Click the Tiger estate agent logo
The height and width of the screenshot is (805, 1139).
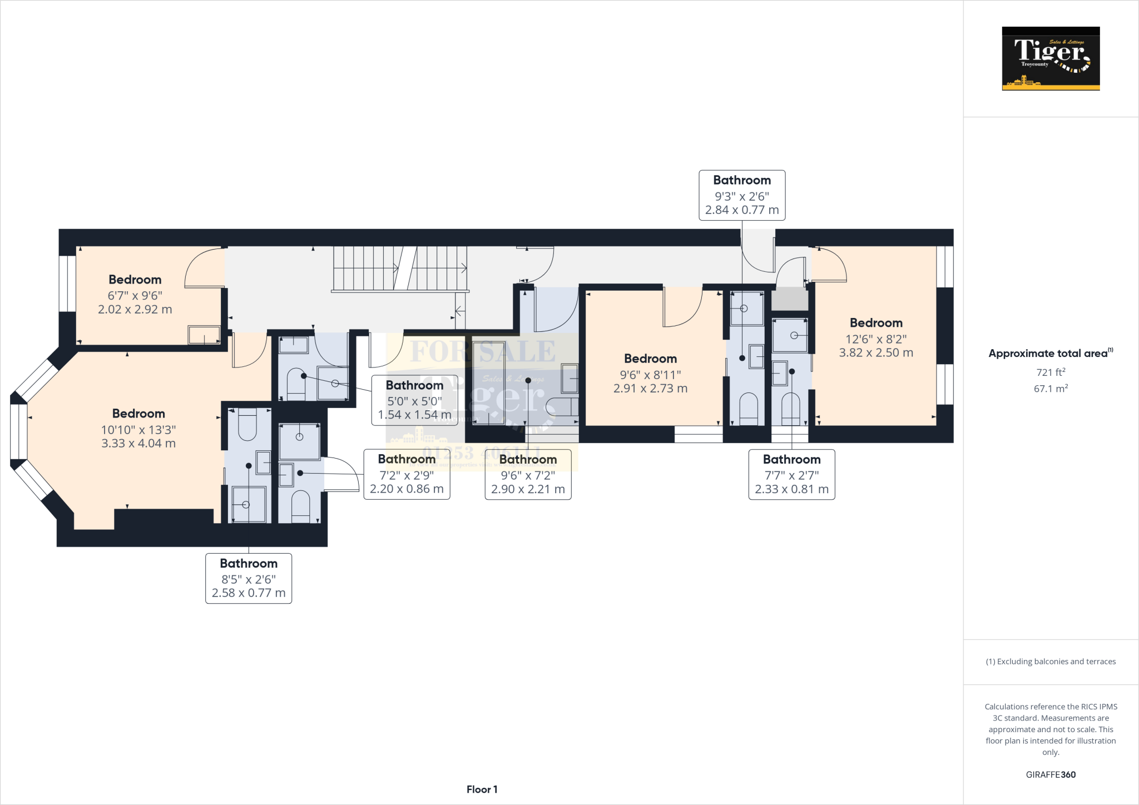tap(1051, 58)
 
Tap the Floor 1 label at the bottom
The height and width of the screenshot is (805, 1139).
tap(482, 789)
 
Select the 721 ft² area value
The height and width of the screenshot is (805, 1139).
tap(1051, 372)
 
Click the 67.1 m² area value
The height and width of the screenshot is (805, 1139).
tap(1051, 389)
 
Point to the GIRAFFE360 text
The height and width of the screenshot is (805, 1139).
tap(1051, 774)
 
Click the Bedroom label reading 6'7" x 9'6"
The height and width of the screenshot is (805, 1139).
tap(135, 294)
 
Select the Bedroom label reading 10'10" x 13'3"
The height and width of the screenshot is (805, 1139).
tap(138, 428)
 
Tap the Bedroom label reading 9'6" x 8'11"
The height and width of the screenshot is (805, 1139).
tap(650, 373)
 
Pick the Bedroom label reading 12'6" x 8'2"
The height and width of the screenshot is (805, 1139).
tap(876, 337)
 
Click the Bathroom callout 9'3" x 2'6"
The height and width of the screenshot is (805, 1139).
tap(742, 195)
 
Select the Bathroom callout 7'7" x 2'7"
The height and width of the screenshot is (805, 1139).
tap(791, 474)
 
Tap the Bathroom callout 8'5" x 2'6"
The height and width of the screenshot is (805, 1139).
tap(249, 578)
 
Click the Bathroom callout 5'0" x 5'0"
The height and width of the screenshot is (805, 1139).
tap(414, 400)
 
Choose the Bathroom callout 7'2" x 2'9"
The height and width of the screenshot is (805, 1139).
tap(407, 474)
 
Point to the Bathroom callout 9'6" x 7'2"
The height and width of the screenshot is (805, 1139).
tap(528, 474)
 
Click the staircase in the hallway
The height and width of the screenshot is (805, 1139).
tap(399, 269)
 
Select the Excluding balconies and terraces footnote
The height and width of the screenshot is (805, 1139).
tap(1051, 662)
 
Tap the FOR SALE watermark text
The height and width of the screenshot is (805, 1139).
tap(482, 351)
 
